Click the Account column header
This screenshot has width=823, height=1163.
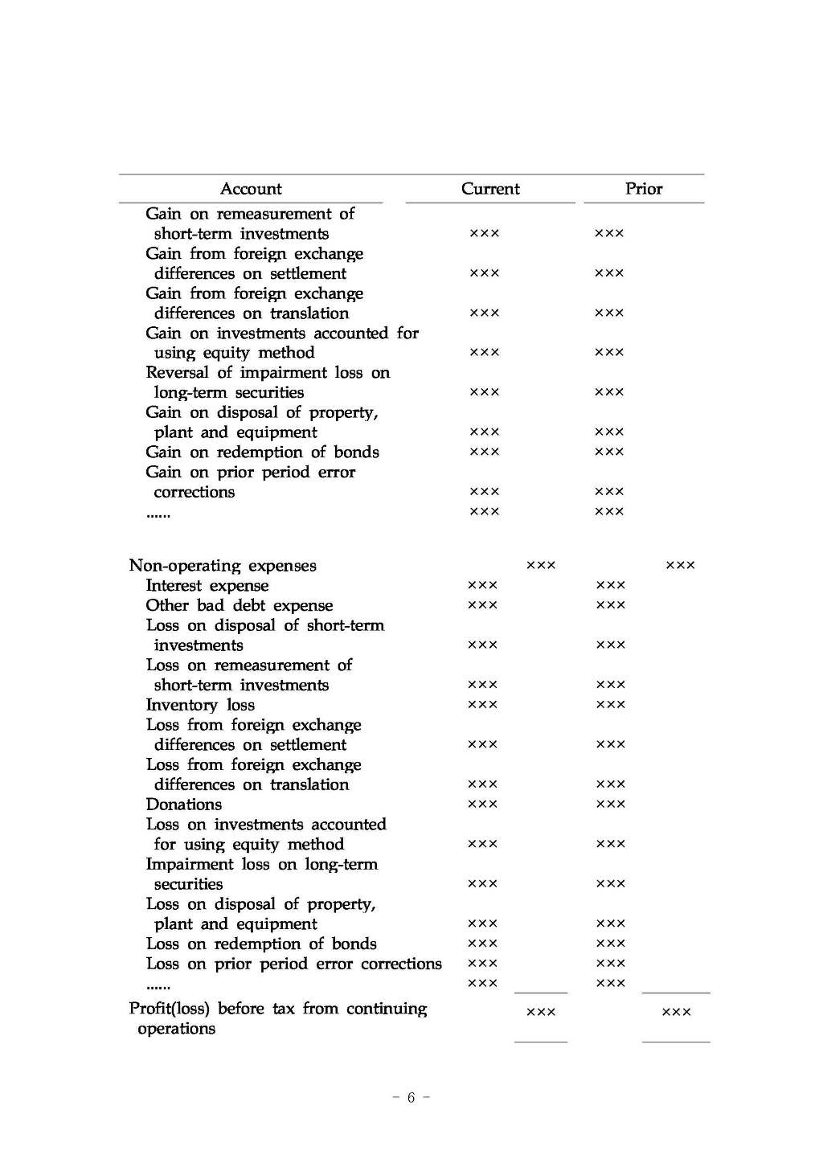[x=251, y=189]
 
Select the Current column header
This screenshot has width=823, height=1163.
[x=490, y=189]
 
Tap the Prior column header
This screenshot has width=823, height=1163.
[x=644, y=189]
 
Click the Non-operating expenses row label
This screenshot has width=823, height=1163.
[x=223, y=566]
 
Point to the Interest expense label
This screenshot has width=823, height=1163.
[x=207, y=586]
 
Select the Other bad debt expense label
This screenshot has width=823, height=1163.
[x=239, y=606]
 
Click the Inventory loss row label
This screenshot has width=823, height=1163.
[x=200, y=705]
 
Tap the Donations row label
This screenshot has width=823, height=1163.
[x=184, y=805]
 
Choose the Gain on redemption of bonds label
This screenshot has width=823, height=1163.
[x=262, y=453]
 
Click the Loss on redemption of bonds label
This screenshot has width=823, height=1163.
[x=261, y=944]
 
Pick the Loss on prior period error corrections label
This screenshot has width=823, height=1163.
[x=293, y=964]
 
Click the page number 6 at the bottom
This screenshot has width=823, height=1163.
[x=411, y=1098]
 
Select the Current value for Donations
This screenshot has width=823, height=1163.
[x=482, y=805]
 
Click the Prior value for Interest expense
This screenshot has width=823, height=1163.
[x=610, y=586]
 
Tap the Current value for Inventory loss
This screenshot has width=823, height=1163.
[x=482, y=705]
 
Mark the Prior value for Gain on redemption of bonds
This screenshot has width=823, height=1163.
[x=609, y=453]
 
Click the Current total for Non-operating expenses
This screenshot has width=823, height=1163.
[x=541, y=566]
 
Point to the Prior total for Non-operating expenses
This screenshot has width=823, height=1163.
[x=681, y=566]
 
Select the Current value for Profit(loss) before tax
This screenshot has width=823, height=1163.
[x=541, y=1013]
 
